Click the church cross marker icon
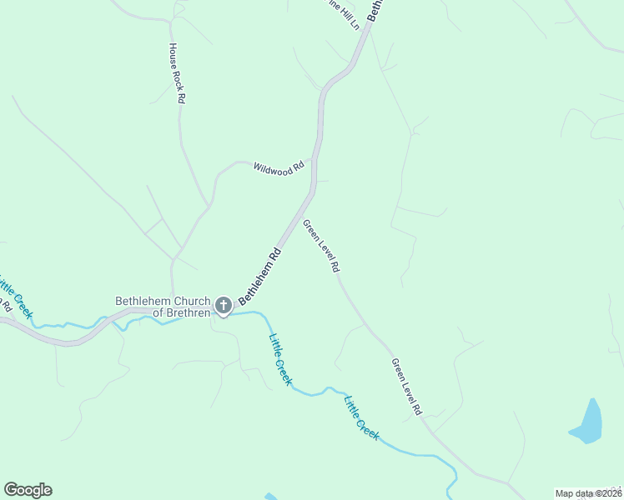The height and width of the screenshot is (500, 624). point(224,306)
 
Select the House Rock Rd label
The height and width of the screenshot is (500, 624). point(177,73)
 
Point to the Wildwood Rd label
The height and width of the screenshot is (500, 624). point(279,168)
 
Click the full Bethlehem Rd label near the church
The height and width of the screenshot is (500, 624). point(260,275)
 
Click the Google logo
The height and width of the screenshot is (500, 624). point(28,490)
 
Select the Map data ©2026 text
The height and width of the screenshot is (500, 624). point(588,493)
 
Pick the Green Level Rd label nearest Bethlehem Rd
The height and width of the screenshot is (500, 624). point(321,246)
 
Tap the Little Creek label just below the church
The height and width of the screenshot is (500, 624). point(280,359)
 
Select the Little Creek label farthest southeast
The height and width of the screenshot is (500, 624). point(362,417)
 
